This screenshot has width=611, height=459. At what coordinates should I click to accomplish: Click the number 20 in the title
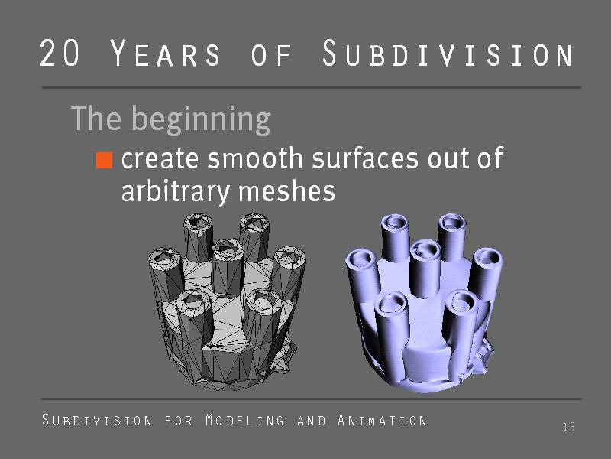pyautogui.click(x=60, y=53)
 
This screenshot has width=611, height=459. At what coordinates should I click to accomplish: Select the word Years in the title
pyautogui.click(x=165, y=53)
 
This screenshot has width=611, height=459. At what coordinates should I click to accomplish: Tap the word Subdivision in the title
pyautogui.click(x=448, y=53)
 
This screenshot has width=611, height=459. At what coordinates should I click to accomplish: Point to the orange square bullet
pyautogui.click(x=105, y=160)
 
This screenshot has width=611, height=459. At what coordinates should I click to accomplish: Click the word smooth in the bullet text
pyautogui.click(x=255, y=158)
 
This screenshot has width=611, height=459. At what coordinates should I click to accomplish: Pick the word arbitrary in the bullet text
pyautogui.click(x=176, y=192)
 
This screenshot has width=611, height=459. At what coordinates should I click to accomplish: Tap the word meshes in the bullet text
pyautogui.click(x=286, y=191)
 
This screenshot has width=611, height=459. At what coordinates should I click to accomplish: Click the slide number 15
pyautogui.click(x=569, y=427)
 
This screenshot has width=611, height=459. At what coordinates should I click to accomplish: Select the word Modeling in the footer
pyautogui.click(x=244, y=420)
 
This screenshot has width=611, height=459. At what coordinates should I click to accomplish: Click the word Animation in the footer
pyautogui.click(x=383, y=420)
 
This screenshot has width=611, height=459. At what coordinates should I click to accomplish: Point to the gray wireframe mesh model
pyautogui.click(x=227, y=301)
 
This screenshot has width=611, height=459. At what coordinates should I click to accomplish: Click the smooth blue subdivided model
pyautogui.click(x=424, y=303)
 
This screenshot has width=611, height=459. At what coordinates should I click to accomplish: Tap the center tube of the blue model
pyautogui.click(x=425, y=269)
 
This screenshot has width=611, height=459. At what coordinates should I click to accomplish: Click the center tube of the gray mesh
pyautogui.click(x=228, y=266)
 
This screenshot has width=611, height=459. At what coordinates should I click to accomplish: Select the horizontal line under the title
pyautogui.click(x=312, y=87)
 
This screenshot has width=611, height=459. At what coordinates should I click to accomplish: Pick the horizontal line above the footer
pyautogui.click(x=312, y=399)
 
